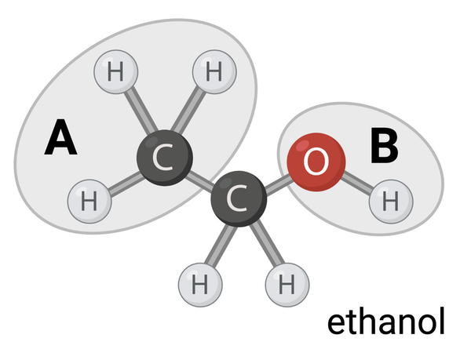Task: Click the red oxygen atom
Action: (315, 162)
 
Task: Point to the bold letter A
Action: (60, 139)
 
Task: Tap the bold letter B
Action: (384, 146)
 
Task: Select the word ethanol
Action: (385, 322)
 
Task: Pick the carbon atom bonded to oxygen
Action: (238, 200)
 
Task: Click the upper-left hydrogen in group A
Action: (116, 73)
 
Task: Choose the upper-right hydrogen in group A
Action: (214, 73)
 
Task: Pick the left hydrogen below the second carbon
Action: (199, 282)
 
